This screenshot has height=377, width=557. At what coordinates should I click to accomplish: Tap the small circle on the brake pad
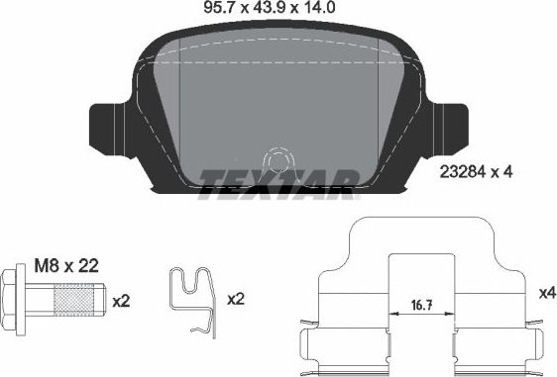277,160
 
